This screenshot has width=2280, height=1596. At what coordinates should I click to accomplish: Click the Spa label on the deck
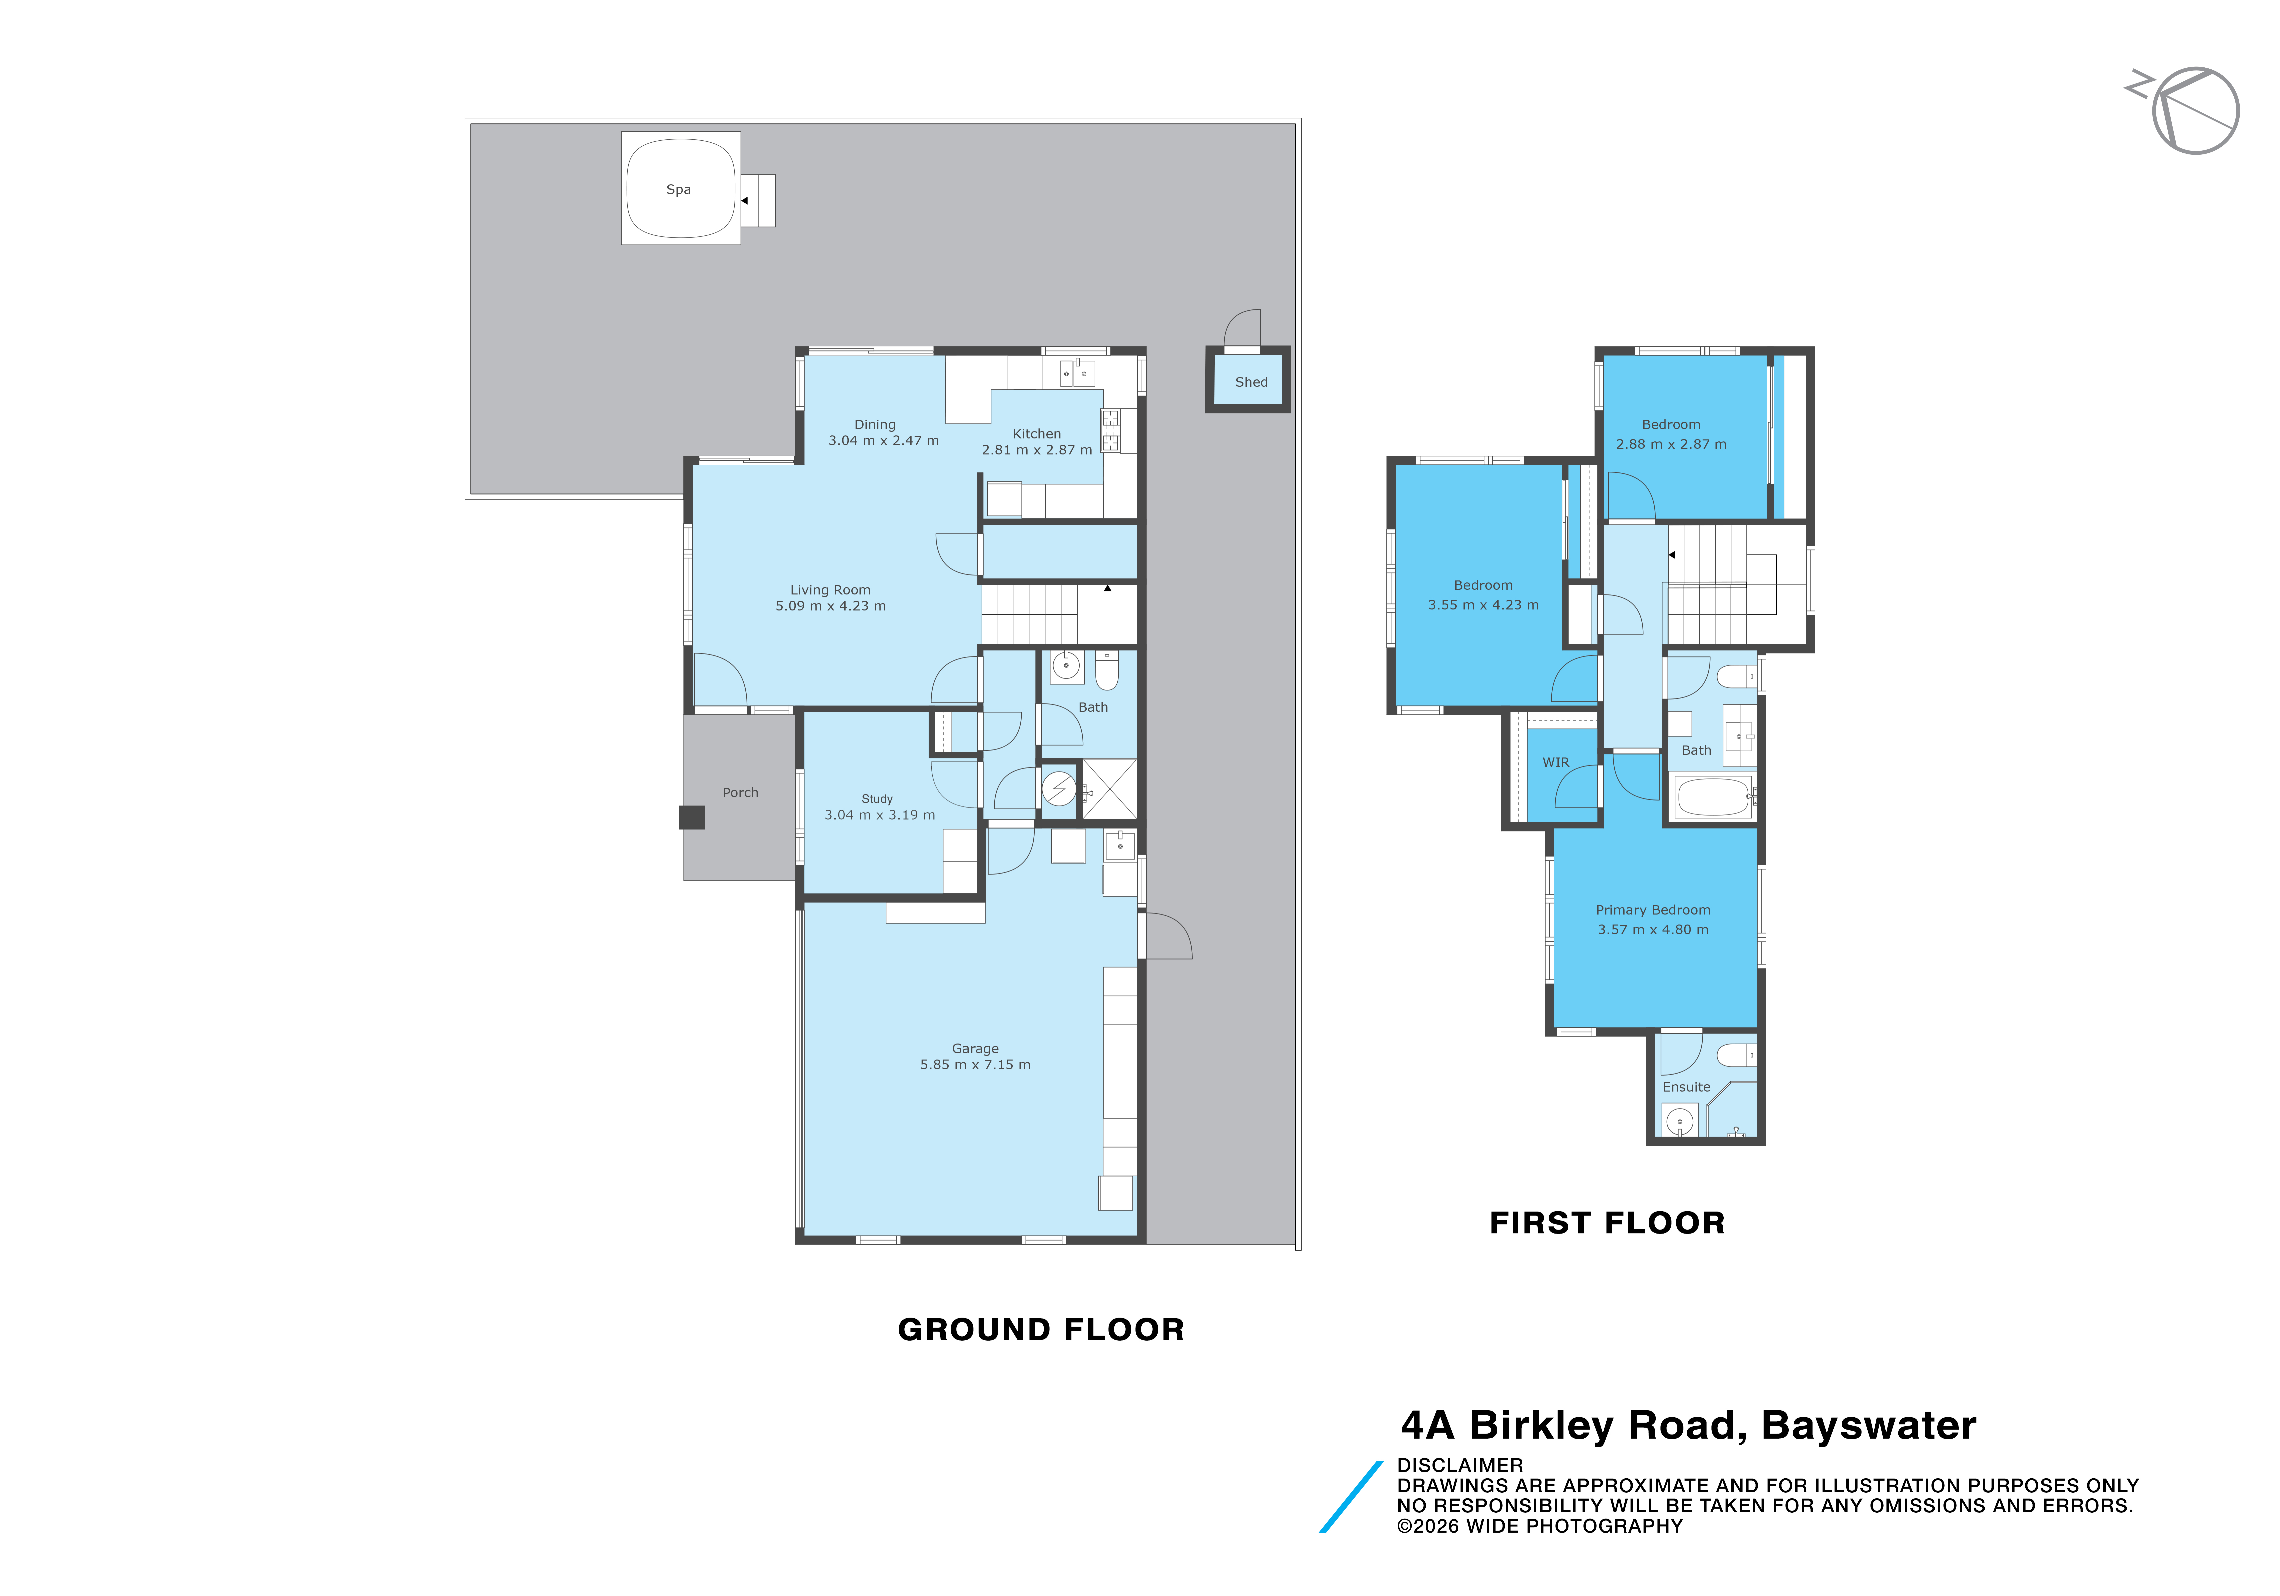678,190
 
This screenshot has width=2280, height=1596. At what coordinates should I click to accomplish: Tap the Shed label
1251,382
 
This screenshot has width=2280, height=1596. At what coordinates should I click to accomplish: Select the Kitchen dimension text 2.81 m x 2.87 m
1037,450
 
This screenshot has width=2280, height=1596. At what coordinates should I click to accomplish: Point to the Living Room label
830,590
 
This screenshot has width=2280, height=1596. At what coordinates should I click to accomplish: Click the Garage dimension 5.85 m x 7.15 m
975,1065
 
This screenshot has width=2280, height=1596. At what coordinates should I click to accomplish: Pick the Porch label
740,792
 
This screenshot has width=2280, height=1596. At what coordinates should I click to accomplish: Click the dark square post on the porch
692,818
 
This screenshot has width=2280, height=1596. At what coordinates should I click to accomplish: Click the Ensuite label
1686,1088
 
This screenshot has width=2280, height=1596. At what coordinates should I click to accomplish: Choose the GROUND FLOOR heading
1041,1330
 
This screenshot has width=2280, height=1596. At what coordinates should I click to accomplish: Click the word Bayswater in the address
1869,1426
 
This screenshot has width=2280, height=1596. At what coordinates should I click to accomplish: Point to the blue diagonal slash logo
1351,1497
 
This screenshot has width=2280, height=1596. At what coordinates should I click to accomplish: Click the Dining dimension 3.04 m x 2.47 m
884,441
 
